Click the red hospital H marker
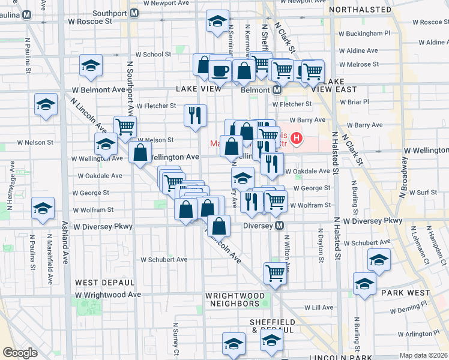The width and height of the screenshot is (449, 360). [296, 140]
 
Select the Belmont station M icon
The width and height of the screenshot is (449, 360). [277, 89]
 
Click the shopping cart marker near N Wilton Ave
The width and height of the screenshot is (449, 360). [275, 272]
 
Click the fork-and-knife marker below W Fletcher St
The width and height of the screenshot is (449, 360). [195, 115]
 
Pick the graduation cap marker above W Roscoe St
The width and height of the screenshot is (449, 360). [217, 21]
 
